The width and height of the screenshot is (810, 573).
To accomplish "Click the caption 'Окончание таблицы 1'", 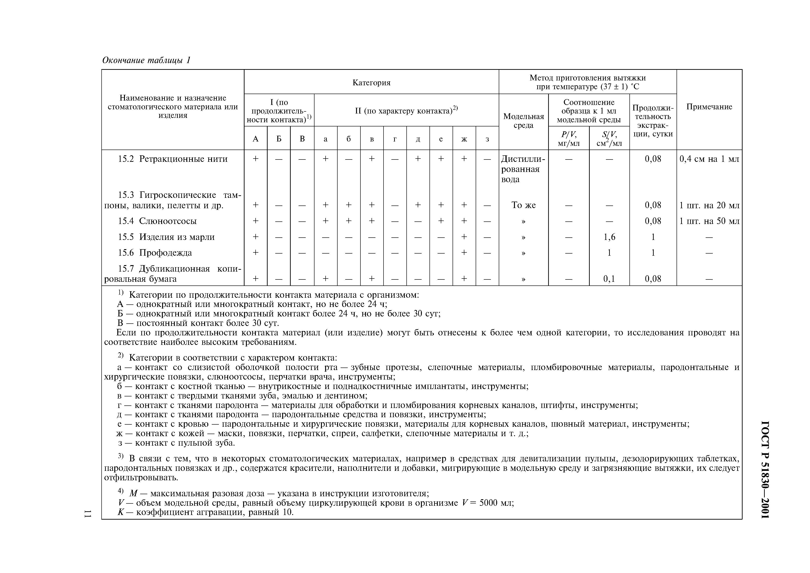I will point(146,60).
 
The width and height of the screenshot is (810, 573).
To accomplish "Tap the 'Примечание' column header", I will point(709,107).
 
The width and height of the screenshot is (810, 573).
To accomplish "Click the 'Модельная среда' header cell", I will point(523,121).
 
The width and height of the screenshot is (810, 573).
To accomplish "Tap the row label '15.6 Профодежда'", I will point(165,253).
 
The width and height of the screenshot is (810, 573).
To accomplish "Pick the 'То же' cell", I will point(523,205).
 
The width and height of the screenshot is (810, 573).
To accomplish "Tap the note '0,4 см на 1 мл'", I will point(709,159).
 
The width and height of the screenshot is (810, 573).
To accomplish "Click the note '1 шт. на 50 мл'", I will point(709,221).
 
